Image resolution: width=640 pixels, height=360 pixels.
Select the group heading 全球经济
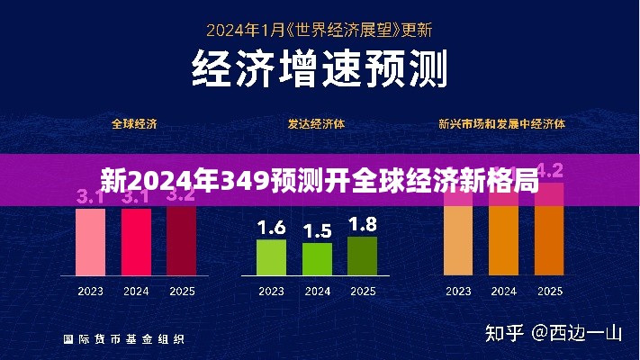pyautogui.click(x=134, y=123)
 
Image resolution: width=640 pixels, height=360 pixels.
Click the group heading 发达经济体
pyautogui.click(x=316, y=123)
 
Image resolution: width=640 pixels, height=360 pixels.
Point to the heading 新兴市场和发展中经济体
pyautogui.click(x=502, y=123)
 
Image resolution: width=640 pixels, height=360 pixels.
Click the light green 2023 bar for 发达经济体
pyautogui.click(x=271, y=257)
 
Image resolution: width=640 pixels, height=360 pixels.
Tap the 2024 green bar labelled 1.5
pyautogui.click(x=317, y=259)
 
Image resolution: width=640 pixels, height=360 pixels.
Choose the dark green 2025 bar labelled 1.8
pyautogui.click(x=362, y=256)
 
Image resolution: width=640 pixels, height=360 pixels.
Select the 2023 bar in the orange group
pyautogui.click(x=457, y=238)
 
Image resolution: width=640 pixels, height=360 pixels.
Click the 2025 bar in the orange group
pyautogui.click(x=548, y=238)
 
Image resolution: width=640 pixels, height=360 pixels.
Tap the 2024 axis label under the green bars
pyautogui.click(x=317, y=291)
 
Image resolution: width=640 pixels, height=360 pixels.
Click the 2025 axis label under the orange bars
pyautogui.click(x=548, y=291)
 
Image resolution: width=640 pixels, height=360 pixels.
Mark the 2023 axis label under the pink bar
pyautogui.click(x=90, y=291)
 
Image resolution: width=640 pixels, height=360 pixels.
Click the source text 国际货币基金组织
pyautogui.click(x=124, y=339)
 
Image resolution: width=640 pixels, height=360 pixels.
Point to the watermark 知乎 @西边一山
pyautogui.click(x=553, y=333)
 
